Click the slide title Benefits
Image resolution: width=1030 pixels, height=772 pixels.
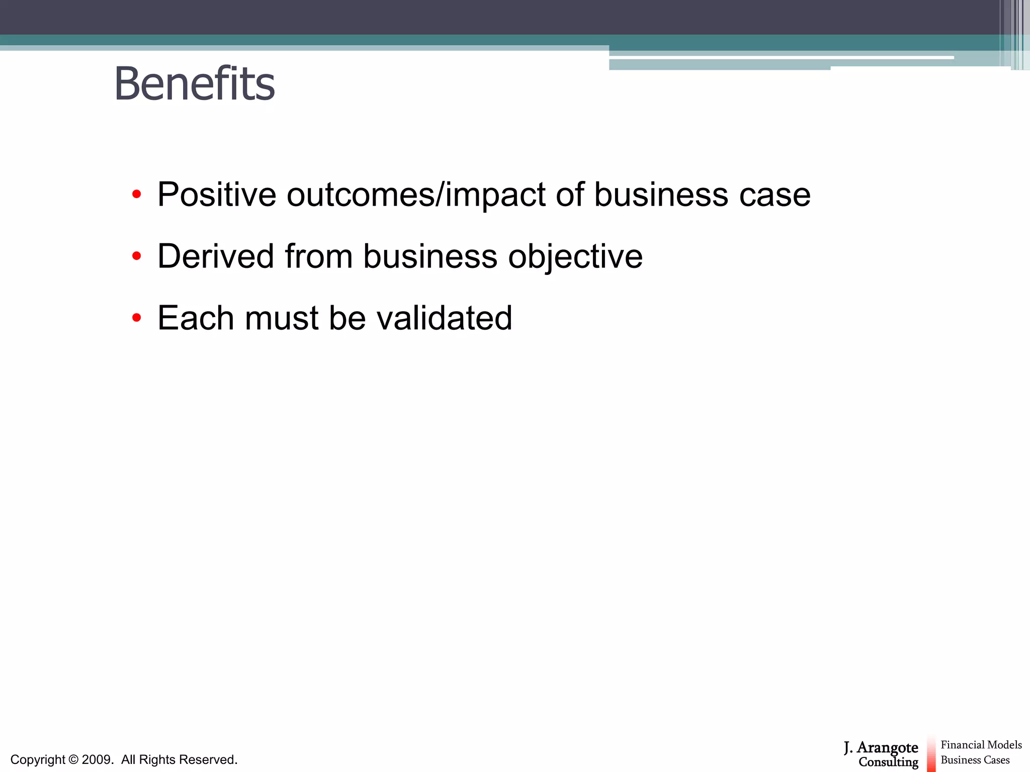click(195, 84)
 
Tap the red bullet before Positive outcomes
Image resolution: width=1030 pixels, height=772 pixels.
click(136, 195)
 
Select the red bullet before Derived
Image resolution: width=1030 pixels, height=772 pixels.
click(136, 256)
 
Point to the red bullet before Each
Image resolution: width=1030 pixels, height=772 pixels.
click(136, 318)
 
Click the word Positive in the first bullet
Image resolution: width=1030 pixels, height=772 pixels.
click(217, 195)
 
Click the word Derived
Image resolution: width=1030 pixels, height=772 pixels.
click(216, 256)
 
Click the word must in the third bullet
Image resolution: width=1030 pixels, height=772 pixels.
click(282, 318)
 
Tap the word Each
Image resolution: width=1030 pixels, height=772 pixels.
click(196, 318)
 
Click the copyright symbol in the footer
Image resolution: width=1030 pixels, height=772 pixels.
click(73, 759)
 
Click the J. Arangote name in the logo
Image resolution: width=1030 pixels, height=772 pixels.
click(881, 748)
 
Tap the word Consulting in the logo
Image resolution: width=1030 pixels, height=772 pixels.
click(888, 762)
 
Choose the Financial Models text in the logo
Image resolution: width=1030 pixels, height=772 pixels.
click(981, 745)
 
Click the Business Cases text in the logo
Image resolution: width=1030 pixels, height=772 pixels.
click(975, 760)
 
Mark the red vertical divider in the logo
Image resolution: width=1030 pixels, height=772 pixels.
click(931, 754)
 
